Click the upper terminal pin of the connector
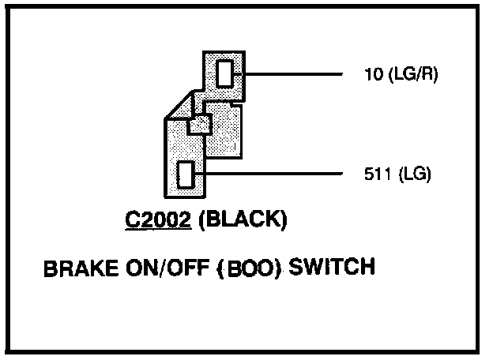pos(225,74)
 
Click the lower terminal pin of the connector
pos(186,174)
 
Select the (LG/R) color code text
pos(412,76)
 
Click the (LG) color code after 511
pos(412,174)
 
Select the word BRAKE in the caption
pos(73,269)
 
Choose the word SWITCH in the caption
pos(331,268)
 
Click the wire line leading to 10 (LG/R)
pos(292,75)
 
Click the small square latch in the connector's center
pos(199,124)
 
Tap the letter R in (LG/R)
pos(427,76)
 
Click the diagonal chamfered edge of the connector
pos(178,106)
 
